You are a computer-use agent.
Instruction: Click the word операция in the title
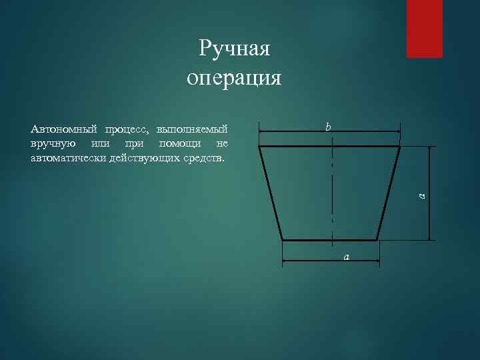click(x=234, y=79)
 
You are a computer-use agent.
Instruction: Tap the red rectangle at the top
click(x=425, y=29)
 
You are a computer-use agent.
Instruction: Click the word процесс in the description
click(x=126, y=129)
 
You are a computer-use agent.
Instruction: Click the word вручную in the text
click(x=52, y=143)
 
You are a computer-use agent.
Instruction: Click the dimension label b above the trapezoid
click(x=328, y=126)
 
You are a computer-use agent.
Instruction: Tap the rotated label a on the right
click(x=421, y=195)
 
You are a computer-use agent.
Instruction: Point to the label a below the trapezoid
click(x=346, y=257)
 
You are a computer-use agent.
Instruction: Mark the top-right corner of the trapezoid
click(x=400, y=146)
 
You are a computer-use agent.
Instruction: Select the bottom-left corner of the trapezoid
click(x=283, y=240)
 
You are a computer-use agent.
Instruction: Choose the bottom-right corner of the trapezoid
click(x=378, y=240)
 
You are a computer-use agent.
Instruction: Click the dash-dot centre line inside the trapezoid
click(x=332, y=193)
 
